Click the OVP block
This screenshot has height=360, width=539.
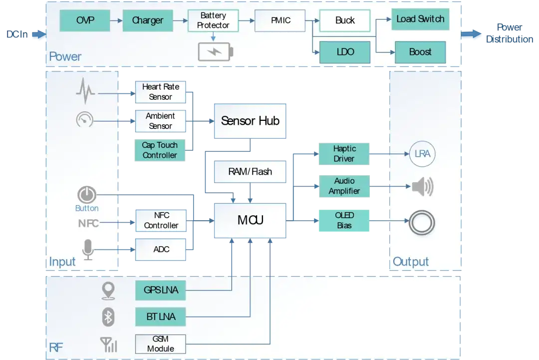tap(85, 20)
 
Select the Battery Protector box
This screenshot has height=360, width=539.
tap(213, 20)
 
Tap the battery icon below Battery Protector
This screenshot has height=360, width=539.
tap(216, 52)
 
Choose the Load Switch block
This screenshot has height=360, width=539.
tap(420, 19)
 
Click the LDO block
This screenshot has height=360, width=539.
tap(345, 52)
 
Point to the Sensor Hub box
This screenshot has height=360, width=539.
tap(250, 121)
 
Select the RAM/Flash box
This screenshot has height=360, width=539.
tap(250, 172)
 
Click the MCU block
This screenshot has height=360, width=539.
tap(250, 220)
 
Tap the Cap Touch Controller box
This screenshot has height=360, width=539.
tap(160, 150)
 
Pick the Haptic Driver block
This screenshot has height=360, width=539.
tap(344, 154)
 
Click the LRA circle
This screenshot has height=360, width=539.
tap(422, 154)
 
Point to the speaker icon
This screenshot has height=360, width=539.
tap(423, 187)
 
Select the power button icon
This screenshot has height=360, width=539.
tap(87, 195)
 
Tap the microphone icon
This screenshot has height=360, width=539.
tap(88, 250)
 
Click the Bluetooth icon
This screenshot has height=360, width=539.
tap(108, 317)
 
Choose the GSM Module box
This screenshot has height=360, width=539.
tap(161, 344)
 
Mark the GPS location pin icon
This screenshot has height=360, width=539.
tap(108, 291)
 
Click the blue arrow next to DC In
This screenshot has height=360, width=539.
tap(39, 34)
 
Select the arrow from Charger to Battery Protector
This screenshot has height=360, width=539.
tap(180, 20)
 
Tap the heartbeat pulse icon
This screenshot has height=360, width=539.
tap(85, 91)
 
